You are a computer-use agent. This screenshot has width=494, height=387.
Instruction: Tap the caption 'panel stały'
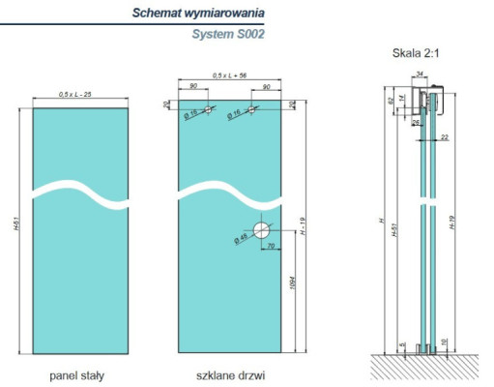pos(76,374)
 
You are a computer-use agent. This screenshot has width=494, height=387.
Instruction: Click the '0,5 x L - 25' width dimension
pos(75,94)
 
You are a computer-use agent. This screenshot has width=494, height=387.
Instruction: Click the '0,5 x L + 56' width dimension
pos(229,74)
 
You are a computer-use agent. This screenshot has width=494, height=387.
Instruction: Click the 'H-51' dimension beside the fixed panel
pos(17,232)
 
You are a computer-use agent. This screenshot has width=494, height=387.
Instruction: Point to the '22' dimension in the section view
pos(443,137)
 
